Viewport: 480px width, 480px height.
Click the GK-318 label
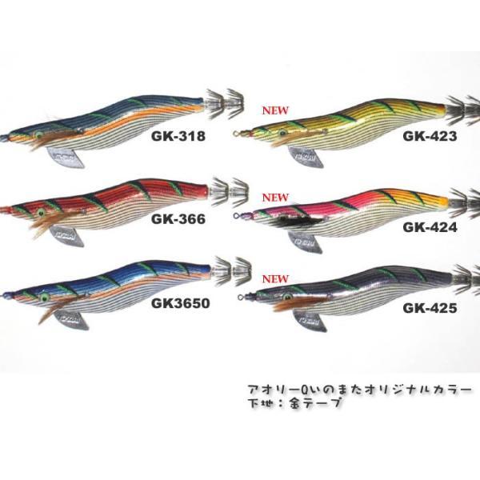click(x=178, y=136)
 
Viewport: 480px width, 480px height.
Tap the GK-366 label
click(x=178, y=218)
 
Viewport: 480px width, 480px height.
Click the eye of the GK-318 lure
click(x=38, y=135)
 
